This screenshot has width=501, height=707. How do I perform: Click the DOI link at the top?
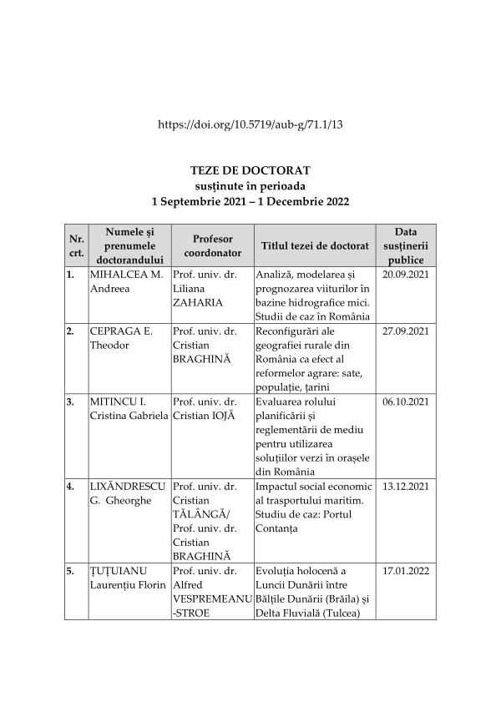tap(250, 124)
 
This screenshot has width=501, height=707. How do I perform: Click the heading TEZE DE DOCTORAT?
tap(250, 170)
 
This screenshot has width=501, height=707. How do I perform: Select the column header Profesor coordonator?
tap(212, 245)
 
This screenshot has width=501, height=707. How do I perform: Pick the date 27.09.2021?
tap(405, 331)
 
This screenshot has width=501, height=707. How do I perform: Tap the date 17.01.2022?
tap(405, 570)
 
